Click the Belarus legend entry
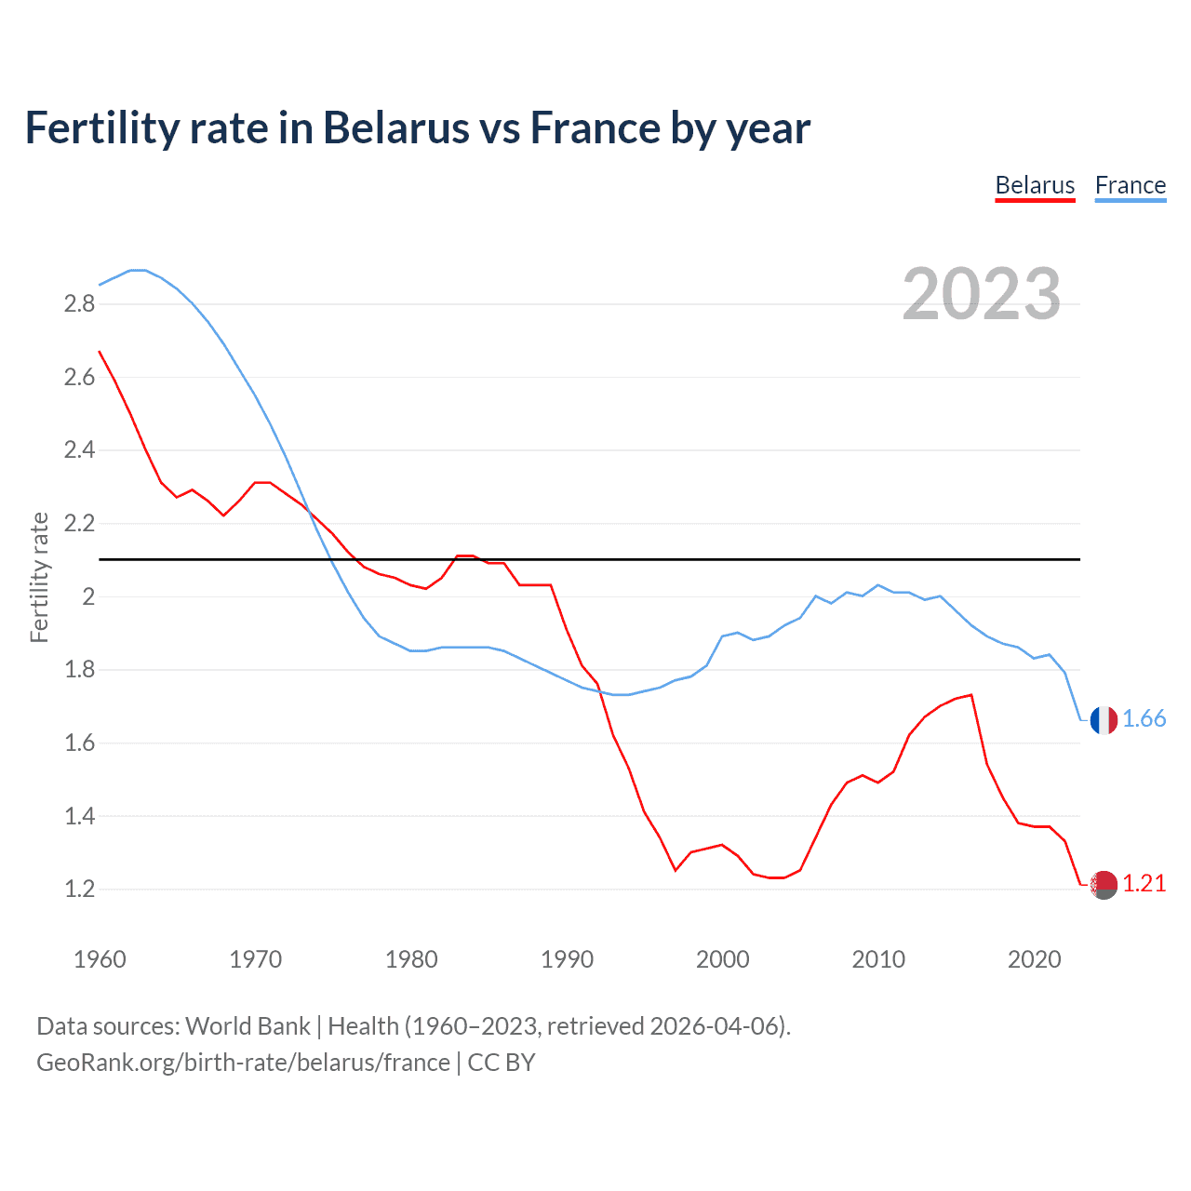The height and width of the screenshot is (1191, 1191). click(1035, 185)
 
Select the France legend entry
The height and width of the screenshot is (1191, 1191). click(1130, 185)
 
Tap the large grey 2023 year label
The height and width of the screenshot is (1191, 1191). click(982, 294)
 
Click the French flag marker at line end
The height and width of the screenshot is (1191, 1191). click(1104, 719)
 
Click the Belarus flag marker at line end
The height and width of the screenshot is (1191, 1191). click(1104, 885)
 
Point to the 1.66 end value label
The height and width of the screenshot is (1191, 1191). click(1144, 719)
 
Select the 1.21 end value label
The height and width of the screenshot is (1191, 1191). click(1144, 884)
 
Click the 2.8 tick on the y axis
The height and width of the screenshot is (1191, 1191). click(80, 304)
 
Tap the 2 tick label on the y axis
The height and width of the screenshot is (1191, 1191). click(89, 596)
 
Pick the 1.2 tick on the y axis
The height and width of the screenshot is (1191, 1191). click(80, 890)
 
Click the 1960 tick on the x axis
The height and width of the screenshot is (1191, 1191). click(100, 959)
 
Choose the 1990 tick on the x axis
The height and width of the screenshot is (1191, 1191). click(567, 959)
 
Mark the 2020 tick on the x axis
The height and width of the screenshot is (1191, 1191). click(1034, 959)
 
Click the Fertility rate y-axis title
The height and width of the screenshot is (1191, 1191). click(39, 577)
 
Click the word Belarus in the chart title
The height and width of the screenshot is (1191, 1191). click(395, 128)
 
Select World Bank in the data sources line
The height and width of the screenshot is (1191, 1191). click(248, 1026)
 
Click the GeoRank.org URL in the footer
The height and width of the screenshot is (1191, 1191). click(243, 1063)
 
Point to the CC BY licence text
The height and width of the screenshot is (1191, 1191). click(502, 1063)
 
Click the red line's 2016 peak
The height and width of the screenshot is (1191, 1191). click(971, 694)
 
